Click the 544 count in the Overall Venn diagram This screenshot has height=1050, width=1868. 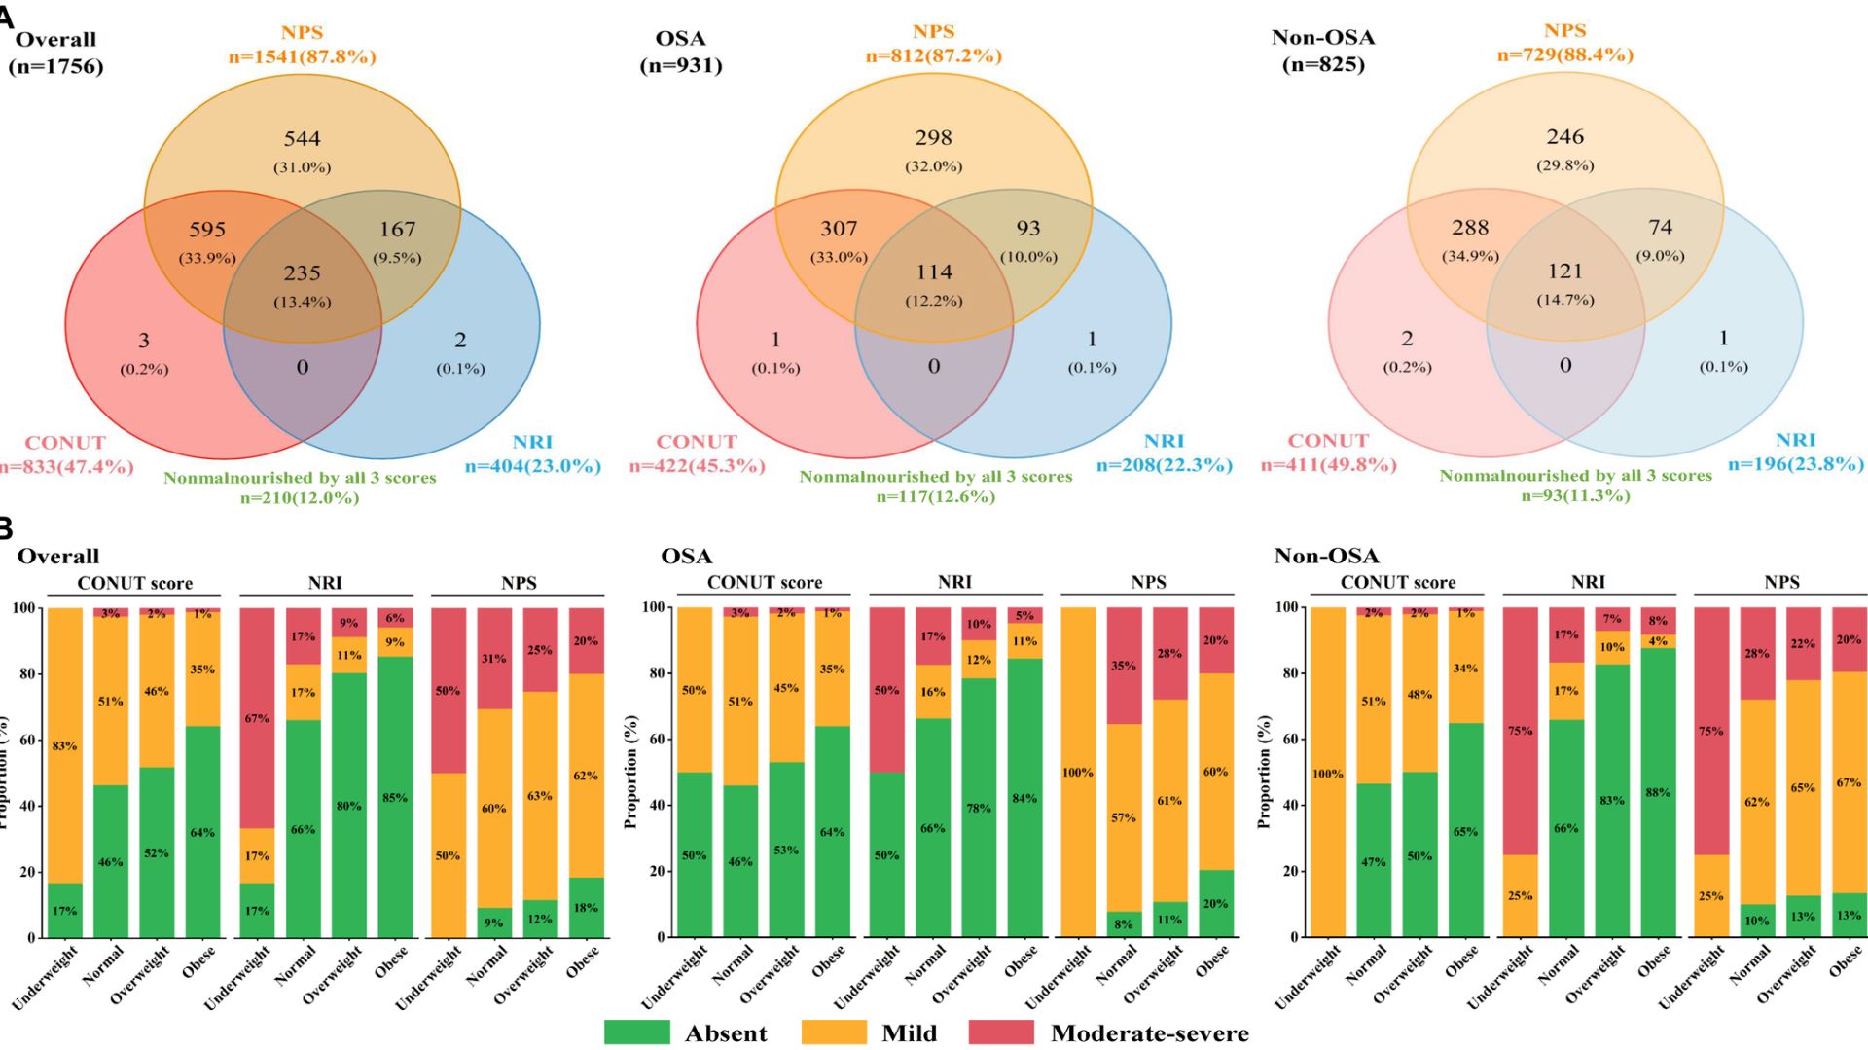tap(302, 139)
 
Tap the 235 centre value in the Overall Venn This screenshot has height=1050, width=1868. tap(302, 273)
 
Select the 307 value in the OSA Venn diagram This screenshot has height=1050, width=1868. tap(838, 229)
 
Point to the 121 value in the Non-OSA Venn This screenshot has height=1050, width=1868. tap(1564, 272)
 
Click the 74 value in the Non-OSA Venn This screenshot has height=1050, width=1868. tap(1660, 228)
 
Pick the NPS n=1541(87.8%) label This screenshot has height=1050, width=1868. tap(302, 56)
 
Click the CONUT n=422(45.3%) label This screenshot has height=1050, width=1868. tap(697, 465)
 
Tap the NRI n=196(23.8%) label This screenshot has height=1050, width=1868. tap(1795, 464)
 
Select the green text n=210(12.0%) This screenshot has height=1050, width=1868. tap(300, 498)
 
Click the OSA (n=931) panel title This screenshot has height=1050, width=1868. tap(681, 52)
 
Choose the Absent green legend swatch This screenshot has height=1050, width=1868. tap(636, 1032)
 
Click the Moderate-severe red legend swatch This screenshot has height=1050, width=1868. tap(1001, 1032)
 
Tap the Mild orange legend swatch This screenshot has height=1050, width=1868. tap(833, 1032)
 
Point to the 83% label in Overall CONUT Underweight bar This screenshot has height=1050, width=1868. tap(64, 746)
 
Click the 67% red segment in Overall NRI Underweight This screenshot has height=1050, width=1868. tap(257, 718)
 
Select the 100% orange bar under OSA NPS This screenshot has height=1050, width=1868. tap(1077, 773)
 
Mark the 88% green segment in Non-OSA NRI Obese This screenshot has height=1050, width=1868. tap(1658, 792)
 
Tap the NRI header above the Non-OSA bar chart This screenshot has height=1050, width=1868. tap(1588, 582)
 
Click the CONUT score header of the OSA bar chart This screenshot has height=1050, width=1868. tap(764, 583)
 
